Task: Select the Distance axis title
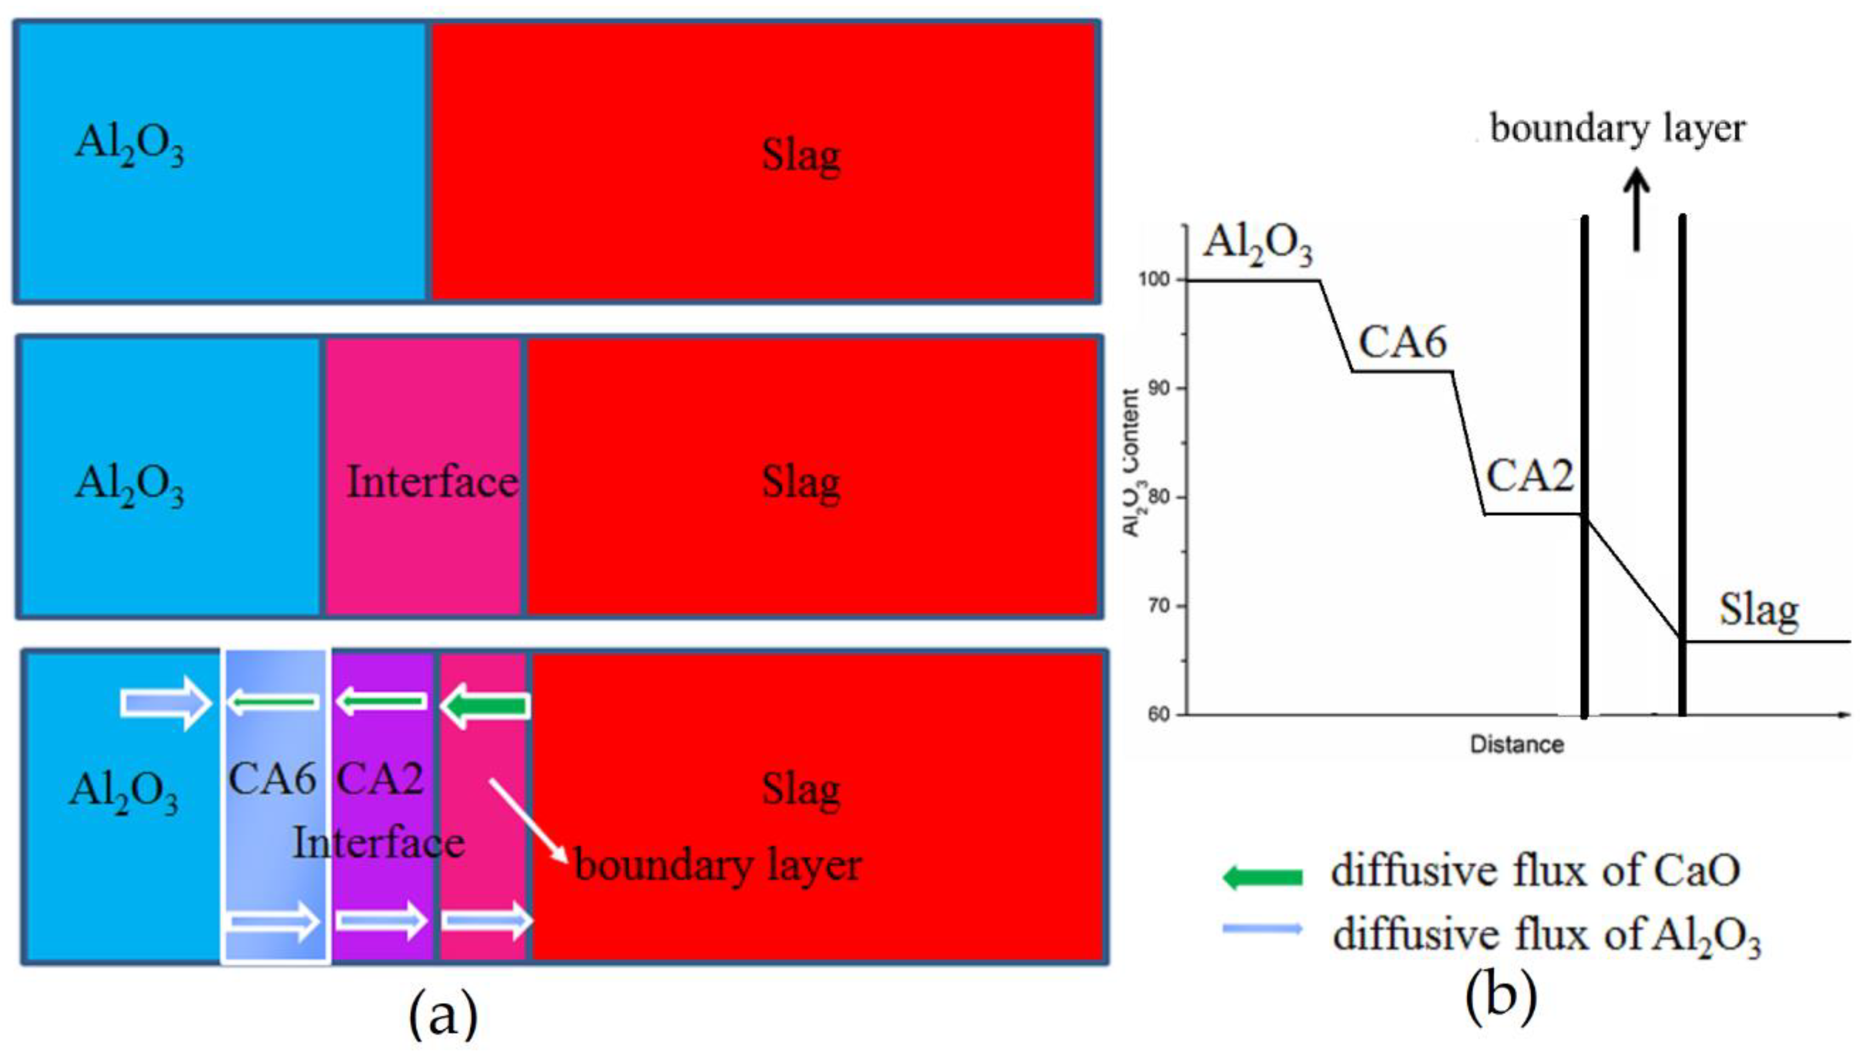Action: click(1517, 744)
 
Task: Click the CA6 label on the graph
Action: click(1402, 342)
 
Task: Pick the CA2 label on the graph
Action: click(1529, 476)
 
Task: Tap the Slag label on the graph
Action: click(1759, 610)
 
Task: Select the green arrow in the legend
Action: click(1262, 877)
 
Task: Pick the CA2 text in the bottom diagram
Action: click(380, 779)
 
